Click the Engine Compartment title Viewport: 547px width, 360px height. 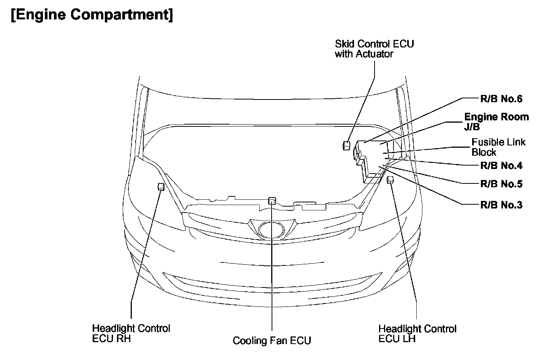92,15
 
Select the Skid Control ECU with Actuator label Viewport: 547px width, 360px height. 374,49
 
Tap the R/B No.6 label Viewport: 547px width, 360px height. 501,99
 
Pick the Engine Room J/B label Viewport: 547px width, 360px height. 496,122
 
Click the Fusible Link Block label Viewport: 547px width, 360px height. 498,147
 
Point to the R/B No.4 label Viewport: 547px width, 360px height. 501,166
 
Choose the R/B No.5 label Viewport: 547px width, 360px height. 501,184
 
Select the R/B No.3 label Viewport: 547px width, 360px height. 501,205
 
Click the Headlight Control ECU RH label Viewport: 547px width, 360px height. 131,333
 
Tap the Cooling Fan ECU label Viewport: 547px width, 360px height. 272,340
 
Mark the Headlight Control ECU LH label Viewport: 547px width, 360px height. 417,333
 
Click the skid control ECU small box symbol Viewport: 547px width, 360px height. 346,145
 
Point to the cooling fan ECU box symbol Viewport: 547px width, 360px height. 272,200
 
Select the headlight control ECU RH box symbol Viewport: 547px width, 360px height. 161,186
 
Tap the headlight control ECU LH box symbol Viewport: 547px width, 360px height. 390,180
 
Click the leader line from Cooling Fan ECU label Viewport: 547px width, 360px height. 272,273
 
